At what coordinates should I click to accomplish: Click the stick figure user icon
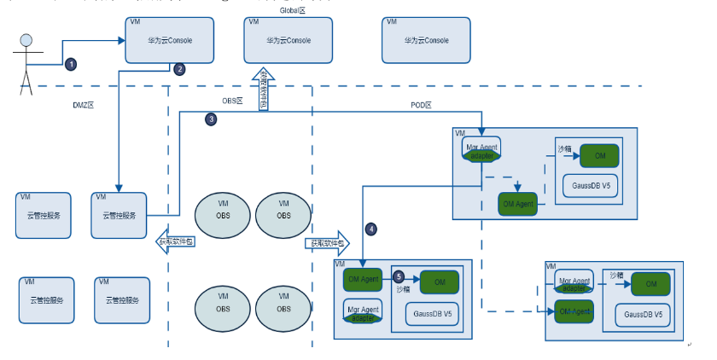[x=26, y=60]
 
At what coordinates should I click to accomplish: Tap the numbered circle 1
[x=72, y=63]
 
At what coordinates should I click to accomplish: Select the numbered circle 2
[x=179, y=69]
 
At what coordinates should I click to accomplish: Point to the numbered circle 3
[x=212, y=120]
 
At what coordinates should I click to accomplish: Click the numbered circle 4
[x=370, y=229]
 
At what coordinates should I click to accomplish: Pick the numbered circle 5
[x=399, y=276]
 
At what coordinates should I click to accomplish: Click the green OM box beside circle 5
[x=439, y=282]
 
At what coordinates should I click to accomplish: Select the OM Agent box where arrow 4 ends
[x=364, y=280]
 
